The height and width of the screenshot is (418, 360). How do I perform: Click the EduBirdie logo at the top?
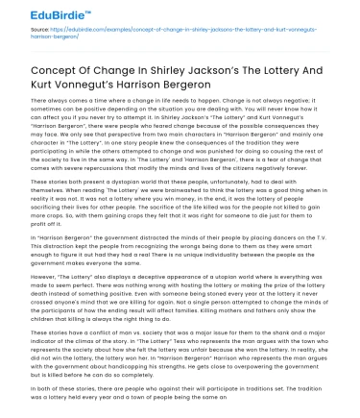point(40,13)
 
